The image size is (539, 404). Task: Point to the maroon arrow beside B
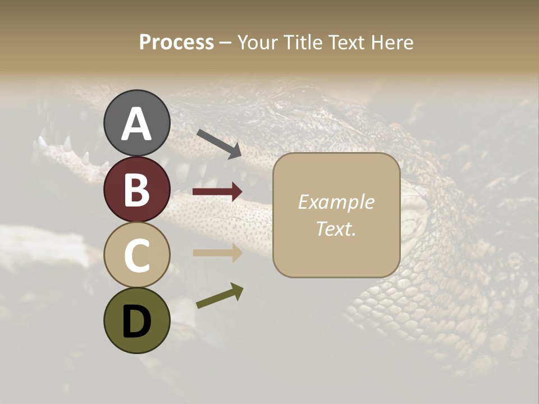[217, 192]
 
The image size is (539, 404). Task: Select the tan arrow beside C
[217, 252]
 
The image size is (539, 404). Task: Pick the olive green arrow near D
[220, 296]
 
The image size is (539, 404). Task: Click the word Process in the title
[176, 43]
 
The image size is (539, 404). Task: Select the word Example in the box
[336, 202]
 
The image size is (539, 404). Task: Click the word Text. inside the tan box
[336, 228]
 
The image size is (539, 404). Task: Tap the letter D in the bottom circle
[136, 322]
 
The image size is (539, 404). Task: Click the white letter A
[136, 124]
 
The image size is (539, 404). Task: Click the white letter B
[136, 190]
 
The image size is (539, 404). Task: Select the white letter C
[136, 255]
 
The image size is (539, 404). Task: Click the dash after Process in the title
[225, 43]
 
